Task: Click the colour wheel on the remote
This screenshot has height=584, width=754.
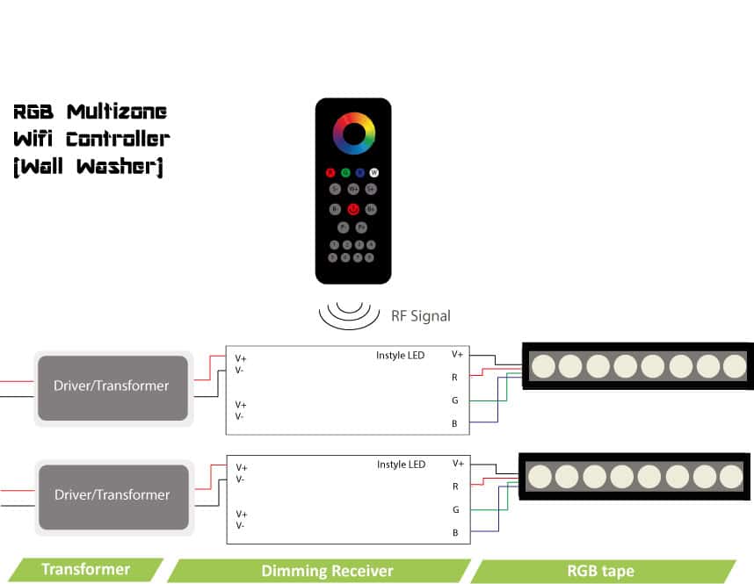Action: click(x=353, y=133)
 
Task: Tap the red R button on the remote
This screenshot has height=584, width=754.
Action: click(x=330, y=172)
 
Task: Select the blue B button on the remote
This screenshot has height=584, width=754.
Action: click(x=359, y=172)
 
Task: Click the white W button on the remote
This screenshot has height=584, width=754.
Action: click(x=373, y=172)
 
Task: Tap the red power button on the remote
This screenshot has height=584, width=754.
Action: click(x=352, y=209)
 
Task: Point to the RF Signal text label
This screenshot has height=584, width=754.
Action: click(x=420, y=315)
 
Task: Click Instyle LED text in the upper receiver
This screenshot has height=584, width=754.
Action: click(x=401, y=355)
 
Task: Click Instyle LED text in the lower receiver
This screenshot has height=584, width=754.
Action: click(x=401, y=464)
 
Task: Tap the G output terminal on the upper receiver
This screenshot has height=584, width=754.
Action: click(x=455, y=400)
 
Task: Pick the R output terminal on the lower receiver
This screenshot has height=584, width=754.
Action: click(x=455, y=486)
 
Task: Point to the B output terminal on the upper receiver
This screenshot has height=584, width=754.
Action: click(x=455, y=424)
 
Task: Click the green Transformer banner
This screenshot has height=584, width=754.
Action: click(x=85, y=569)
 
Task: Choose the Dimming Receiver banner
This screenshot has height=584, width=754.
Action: click(x=327, y=571)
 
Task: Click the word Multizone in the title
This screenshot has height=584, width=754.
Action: click(x=117, y=112)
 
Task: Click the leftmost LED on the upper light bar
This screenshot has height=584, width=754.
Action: click(x=543, y=364)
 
